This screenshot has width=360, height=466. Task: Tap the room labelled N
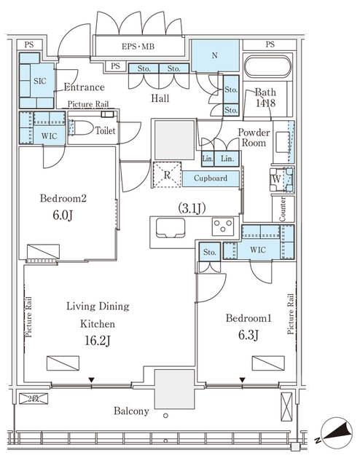(x=215, y=56)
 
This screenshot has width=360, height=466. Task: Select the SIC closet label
(x=41, y=82)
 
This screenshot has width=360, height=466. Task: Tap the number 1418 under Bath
(x=264, y=105)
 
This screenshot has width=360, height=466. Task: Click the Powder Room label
(x=254, y=138)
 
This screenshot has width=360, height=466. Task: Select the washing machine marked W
(x=277, y=177)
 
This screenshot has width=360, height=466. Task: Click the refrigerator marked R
(x=168, y=175)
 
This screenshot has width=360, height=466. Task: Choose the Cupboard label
(x=211, y=178)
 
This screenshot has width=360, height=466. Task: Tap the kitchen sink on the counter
(x=168, y=232)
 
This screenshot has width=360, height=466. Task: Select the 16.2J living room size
(x=97, y=340)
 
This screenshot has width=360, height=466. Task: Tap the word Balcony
(x=130, y=411)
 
